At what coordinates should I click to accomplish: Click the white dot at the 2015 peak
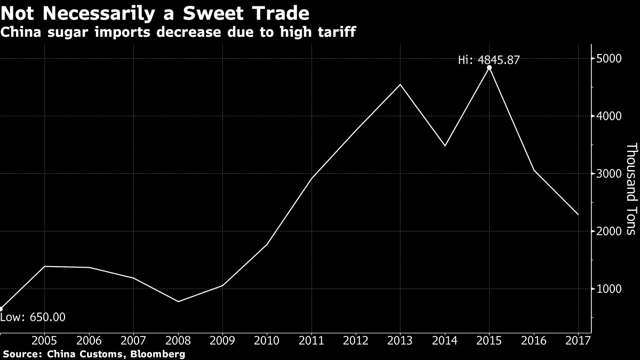coord(489,67)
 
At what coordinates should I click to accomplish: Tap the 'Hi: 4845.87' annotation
coord(489,60)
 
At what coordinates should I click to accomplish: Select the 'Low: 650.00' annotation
coord(33,317)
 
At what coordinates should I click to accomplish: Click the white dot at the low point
coord(1,308)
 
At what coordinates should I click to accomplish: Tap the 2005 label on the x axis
coord(45,341)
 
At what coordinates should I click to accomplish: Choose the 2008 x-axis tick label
coord(178,341)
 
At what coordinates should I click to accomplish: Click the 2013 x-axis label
coord(400,341)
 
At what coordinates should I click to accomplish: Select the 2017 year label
coord(578,341)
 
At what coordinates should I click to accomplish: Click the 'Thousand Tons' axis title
coord(631,189)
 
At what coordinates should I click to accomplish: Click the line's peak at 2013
coord(400,84)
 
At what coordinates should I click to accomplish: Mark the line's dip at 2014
coord(445,146)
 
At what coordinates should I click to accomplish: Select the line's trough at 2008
coord(178,301)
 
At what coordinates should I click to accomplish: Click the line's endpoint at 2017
coord(578,214)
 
